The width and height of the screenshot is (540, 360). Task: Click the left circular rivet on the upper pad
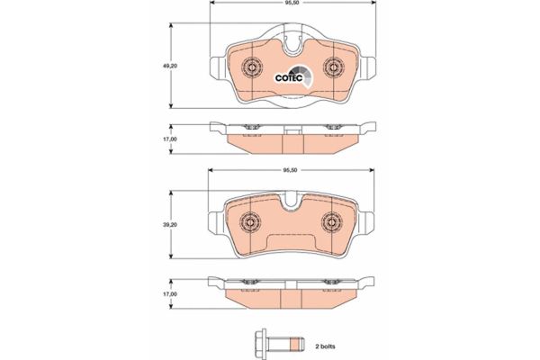pos(252,66)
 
